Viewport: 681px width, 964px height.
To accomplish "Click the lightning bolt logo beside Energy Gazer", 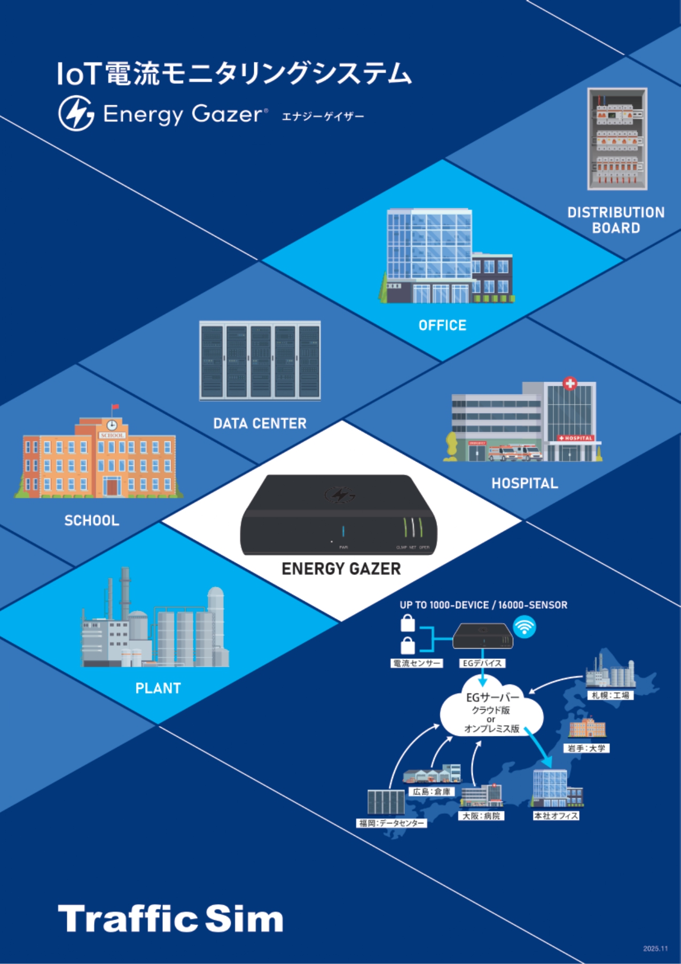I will [76, 113].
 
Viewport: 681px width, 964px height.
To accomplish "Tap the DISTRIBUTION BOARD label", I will [616, 220].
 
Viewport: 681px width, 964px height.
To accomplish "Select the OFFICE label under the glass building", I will [442, 325].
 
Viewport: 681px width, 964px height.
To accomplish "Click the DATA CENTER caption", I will [260, 423].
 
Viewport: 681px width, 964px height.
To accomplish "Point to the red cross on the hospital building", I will [570, 383].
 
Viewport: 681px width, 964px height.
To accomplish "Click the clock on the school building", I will [112, 425].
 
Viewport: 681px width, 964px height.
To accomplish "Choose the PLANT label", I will [158, 688].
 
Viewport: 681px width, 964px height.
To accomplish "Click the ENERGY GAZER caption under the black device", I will [341, 569].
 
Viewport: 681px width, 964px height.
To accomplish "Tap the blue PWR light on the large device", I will [343, 532].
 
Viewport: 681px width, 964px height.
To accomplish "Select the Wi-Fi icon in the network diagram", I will [525, 626].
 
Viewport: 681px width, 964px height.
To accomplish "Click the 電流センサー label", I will [417, 663].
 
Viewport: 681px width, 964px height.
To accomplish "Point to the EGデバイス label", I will [482, 663].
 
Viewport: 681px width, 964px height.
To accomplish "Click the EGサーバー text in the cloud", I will [492, 697].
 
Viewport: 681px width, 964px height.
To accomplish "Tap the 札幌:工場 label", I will [610, 695].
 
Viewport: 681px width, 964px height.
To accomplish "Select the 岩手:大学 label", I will [586, 748].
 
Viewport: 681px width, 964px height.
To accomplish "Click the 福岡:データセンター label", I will [392, 823].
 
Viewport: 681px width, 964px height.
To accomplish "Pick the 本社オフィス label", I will [556, 816].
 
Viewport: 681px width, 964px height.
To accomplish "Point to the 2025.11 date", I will [655, 949].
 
